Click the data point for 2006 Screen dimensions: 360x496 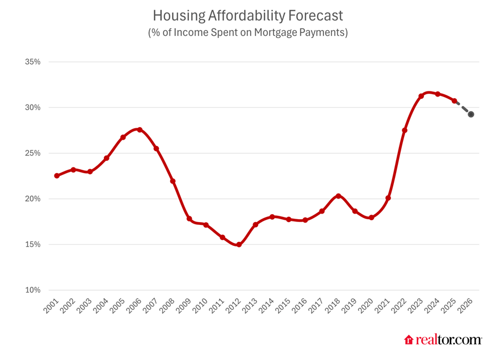pyautogui.click(x=140, y=130)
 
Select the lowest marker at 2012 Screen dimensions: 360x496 pyautogui.click(x=239, y=245)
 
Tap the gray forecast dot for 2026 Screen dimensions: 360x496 pyautogui.click(x=471, y=115)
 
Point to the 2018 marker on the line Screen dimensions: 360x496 pyautogui.click(x=338, y=196)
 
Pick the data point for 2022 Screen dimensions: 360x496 pyautogui.click(x=405, y=131)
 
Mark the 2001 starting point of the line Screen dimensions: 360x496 pyautogui.click(x=57, y=176)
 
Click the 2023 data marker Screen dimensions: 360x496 pyautogui.click(x=421, y=96)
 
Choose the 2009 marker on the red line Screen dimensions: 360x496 pyautogui.click(x=189, y=219)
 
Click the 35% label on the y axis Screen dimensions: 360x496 pyautogui.click(x=33, y=62)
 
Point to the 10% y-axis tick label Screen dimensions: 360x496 pyautogui.click(x=33, y=290)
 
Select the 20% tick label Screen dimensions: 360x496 pyautogui.click(x=33, y=199)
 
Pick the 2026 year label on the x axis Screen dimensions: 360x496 pyautogui.click(x=469, y=307)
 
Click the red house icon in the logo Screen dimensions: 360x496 pyautogui.click(x=409, y=340)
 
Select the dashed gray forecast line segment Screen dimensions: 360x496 pyautogui.click(x=463, y=108)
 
